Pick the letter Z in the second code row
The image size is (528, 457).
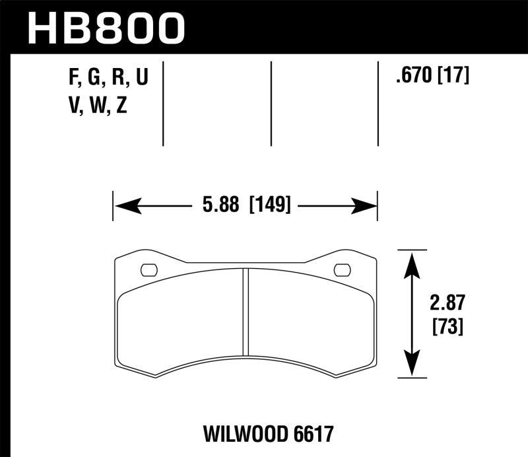pos(121,105)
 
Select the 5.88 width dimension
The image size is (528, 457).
pos(222,206)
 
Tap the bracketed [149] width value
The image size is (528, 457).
pos(269,206)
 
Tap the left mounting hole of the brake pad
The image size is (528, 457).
pos(149,269)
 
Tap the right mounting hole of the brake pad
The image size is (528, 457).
pos(343,269)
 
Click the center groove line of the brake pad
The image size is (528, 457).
pos(246,310)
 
